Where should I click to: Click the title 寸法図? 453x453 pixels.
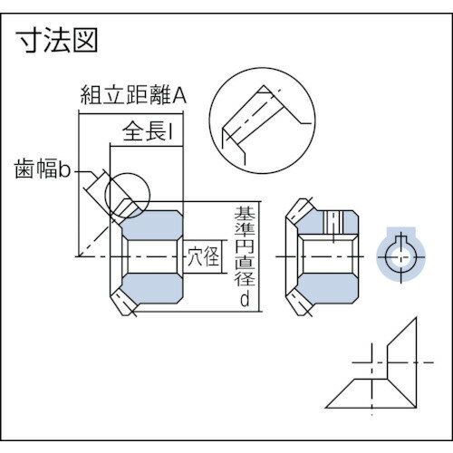tap(56, 41)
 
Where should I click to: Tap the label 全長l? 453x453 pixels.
tap(145, 133)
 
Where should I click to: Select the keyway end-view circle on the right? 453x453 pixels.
tap(399, 256)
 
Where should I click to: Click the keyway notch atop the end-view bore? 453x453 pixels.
tap(399, 240)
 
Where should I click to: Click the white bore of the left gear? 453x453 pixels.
tap(149, 256)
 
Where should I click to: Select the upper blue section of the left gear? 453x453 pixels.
tap(152, 222)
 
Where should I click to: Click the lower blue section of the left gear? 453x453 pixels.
tap(152, 292)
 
